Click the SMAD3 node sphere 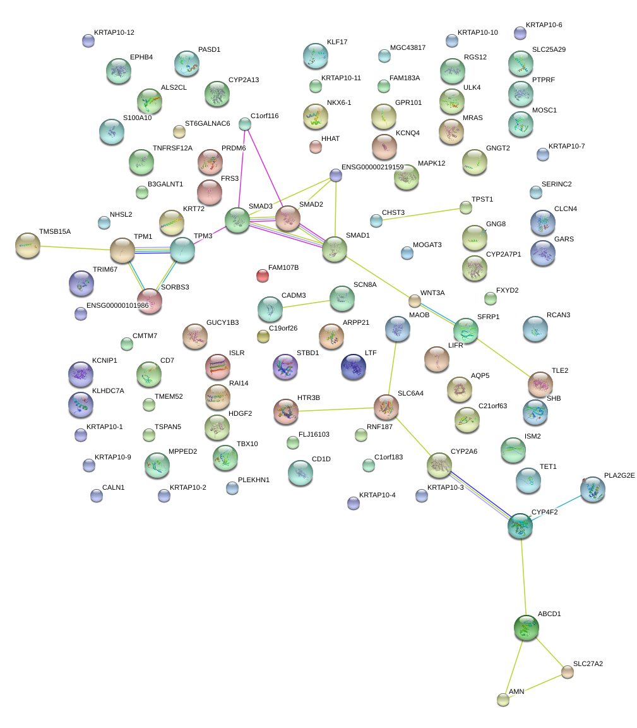point(237,220)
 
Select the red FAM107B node point(263,275)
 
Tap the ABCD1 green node point(526,628)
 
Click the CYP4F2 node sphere point(520,526)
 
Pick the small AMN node point(503,700)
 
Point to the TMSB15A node point(27,245)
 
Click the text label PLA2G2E point(619,475)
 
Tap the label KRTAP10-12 point(114,32)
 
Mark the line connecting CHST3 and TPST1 point(421,214)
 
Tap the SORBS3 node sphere point(150,301)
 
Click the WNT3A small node point(414,301)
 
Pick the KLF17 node point(315,56)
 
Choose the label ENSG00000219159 point(372,167)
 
